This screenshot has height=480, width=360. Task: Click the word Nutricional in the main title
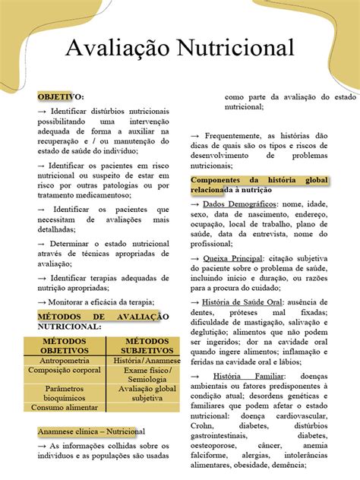235,49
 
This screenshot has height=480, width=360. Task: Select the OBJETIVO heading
61,96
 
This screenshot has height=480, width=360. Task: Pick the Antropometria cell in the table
64,360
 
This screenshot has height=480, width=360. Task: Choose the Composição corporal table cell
64,371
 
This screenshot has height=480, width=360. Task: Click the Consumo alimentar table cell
64,407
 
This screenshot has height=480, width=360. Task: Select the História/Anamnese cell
144,360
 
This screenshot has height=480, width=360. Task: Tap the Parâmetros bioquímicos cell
64,393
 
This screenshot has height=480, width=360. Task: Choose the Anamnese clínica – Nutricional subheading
91,431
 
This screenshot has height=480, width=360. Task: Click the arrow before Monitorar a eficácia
43,301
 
